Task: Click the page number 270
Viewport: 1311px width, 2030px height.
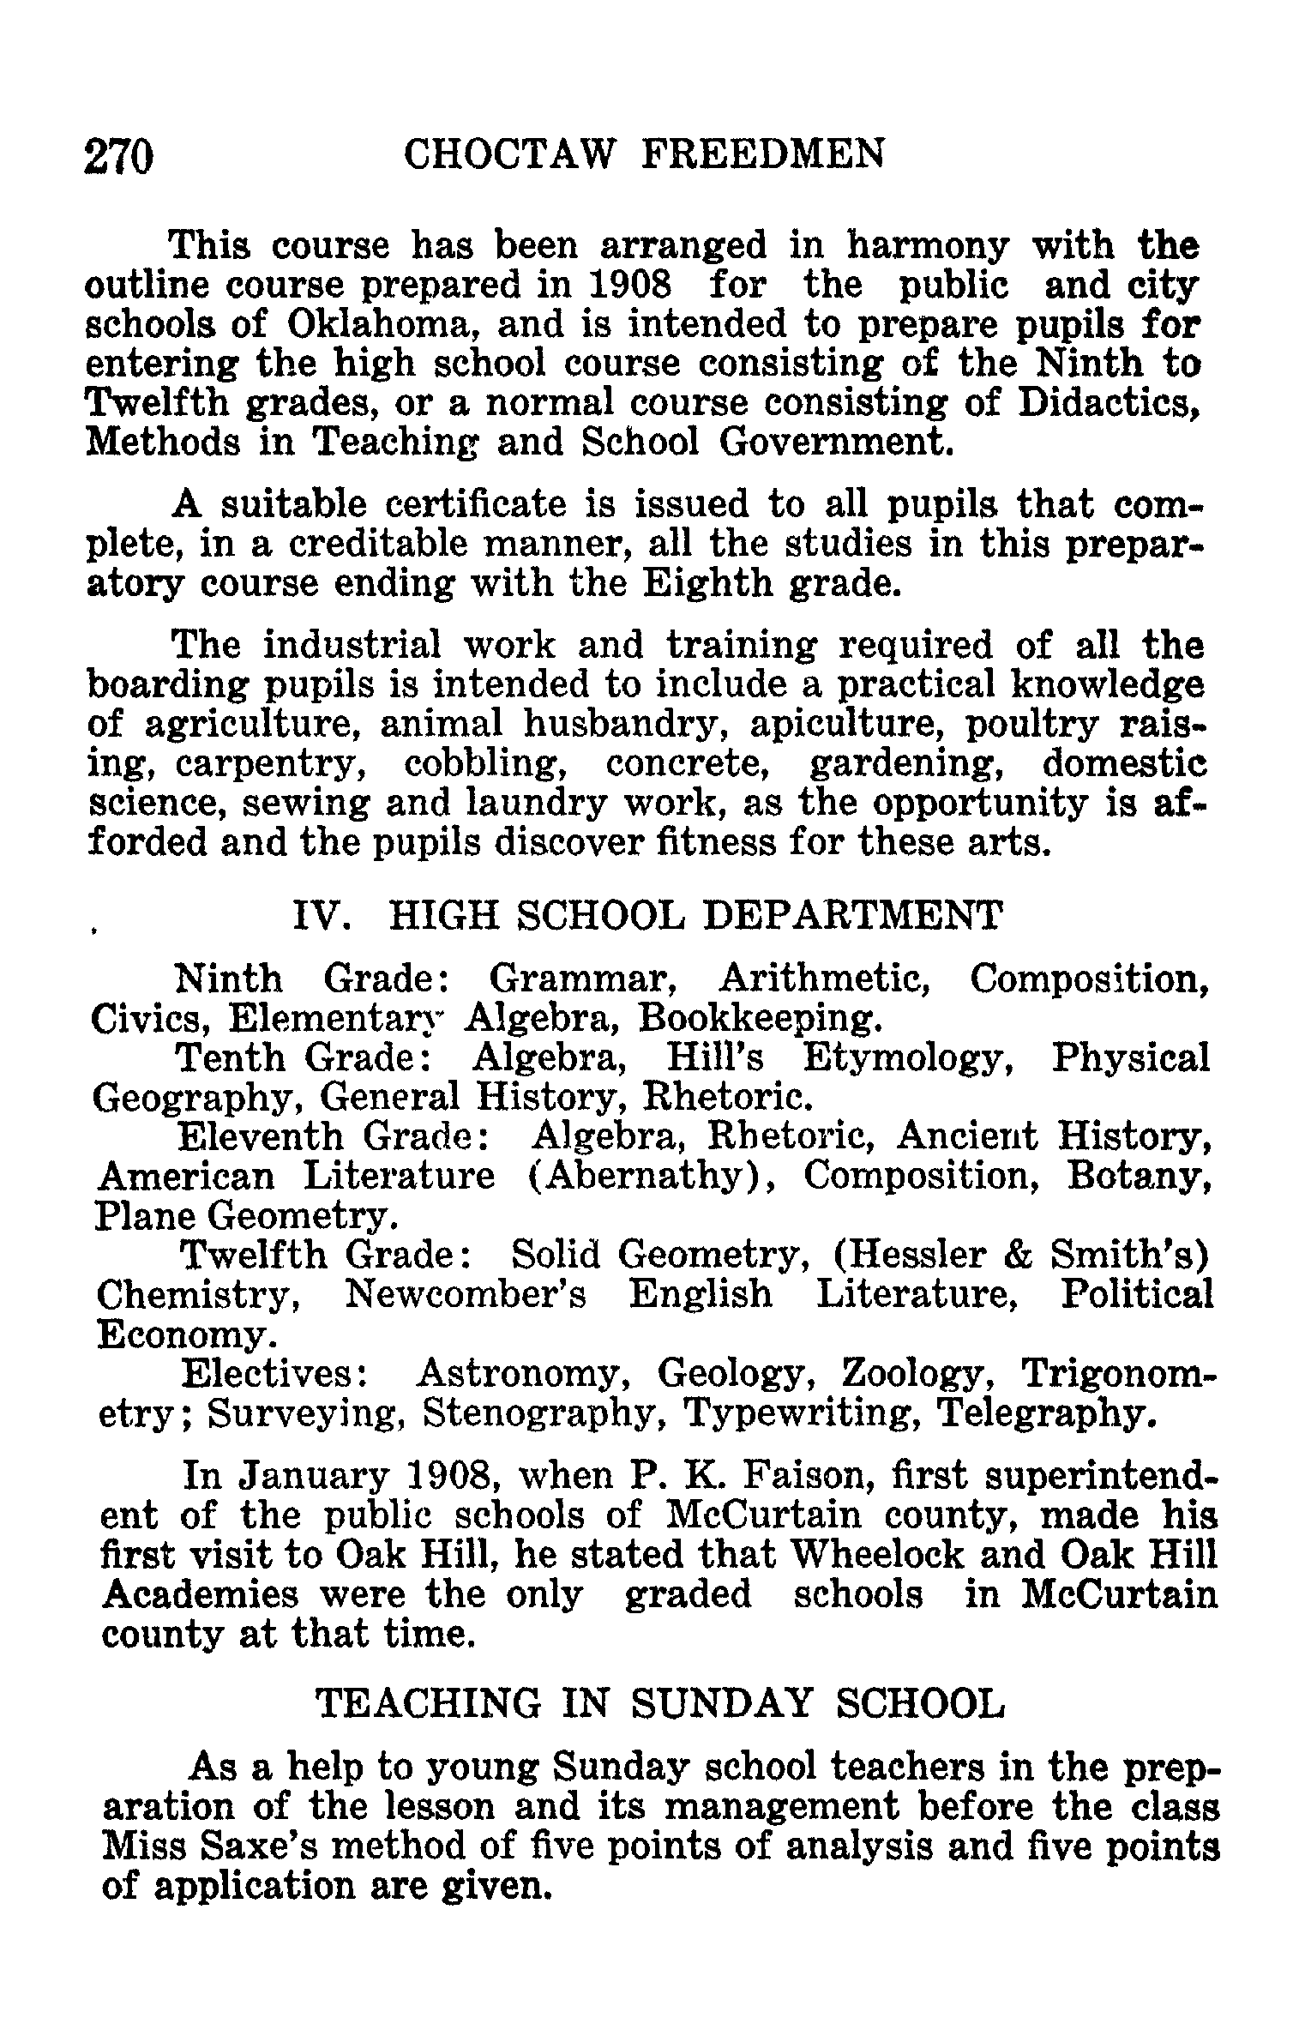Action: [119, 157]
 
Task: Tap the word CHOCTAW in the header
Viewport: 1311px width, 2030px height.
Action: [509, 155]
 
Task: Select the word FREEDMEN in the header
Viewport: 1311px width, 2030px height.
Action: [763, 155]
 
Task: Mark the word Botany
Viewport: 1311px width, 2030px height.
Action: [1138, 1177]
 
